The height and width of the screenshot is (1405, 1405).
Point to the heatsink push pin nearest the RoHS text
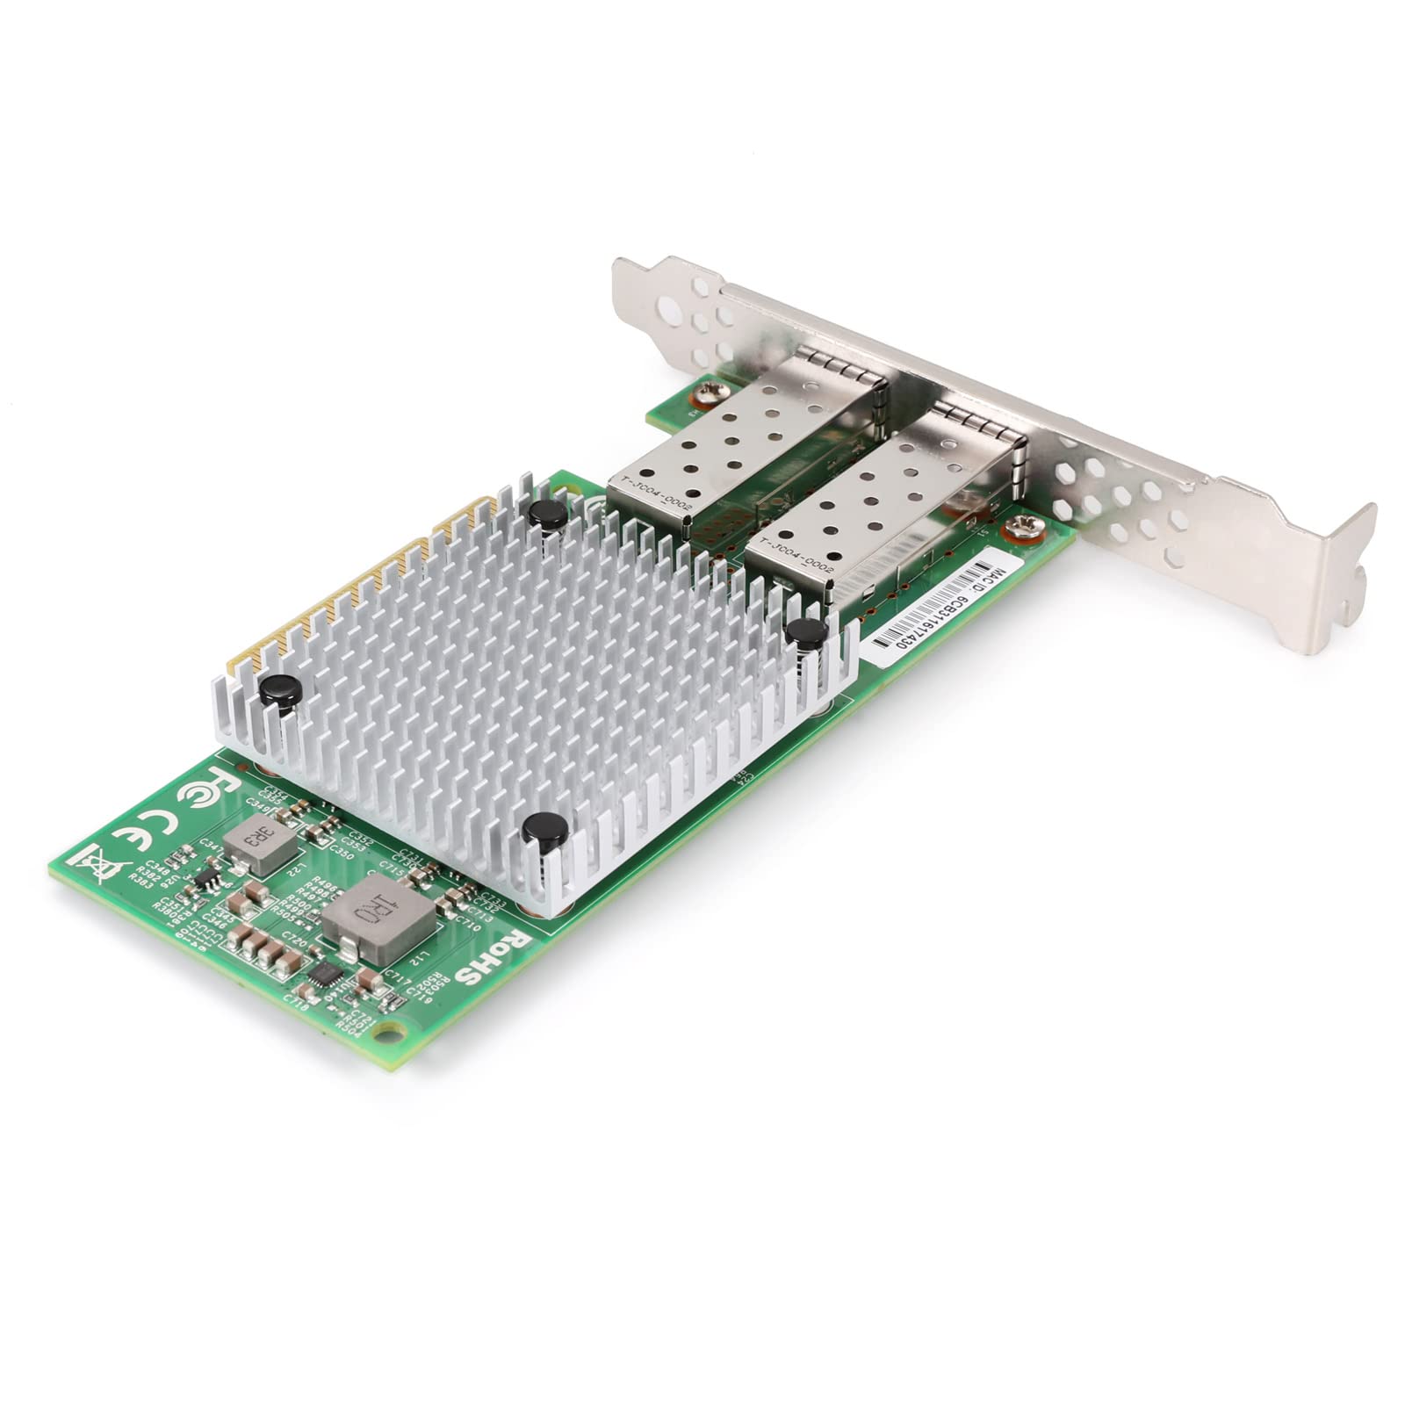(x=544, y=830)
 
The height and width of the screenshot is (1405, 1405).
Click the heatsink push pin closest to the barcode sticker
(x=803, y=631)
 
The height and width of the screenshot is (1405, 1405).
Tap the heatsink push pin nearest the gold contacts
(x=278, y=689)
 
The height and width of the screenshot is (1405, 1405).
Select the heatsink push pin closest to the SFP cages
(x=550, y=515)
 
